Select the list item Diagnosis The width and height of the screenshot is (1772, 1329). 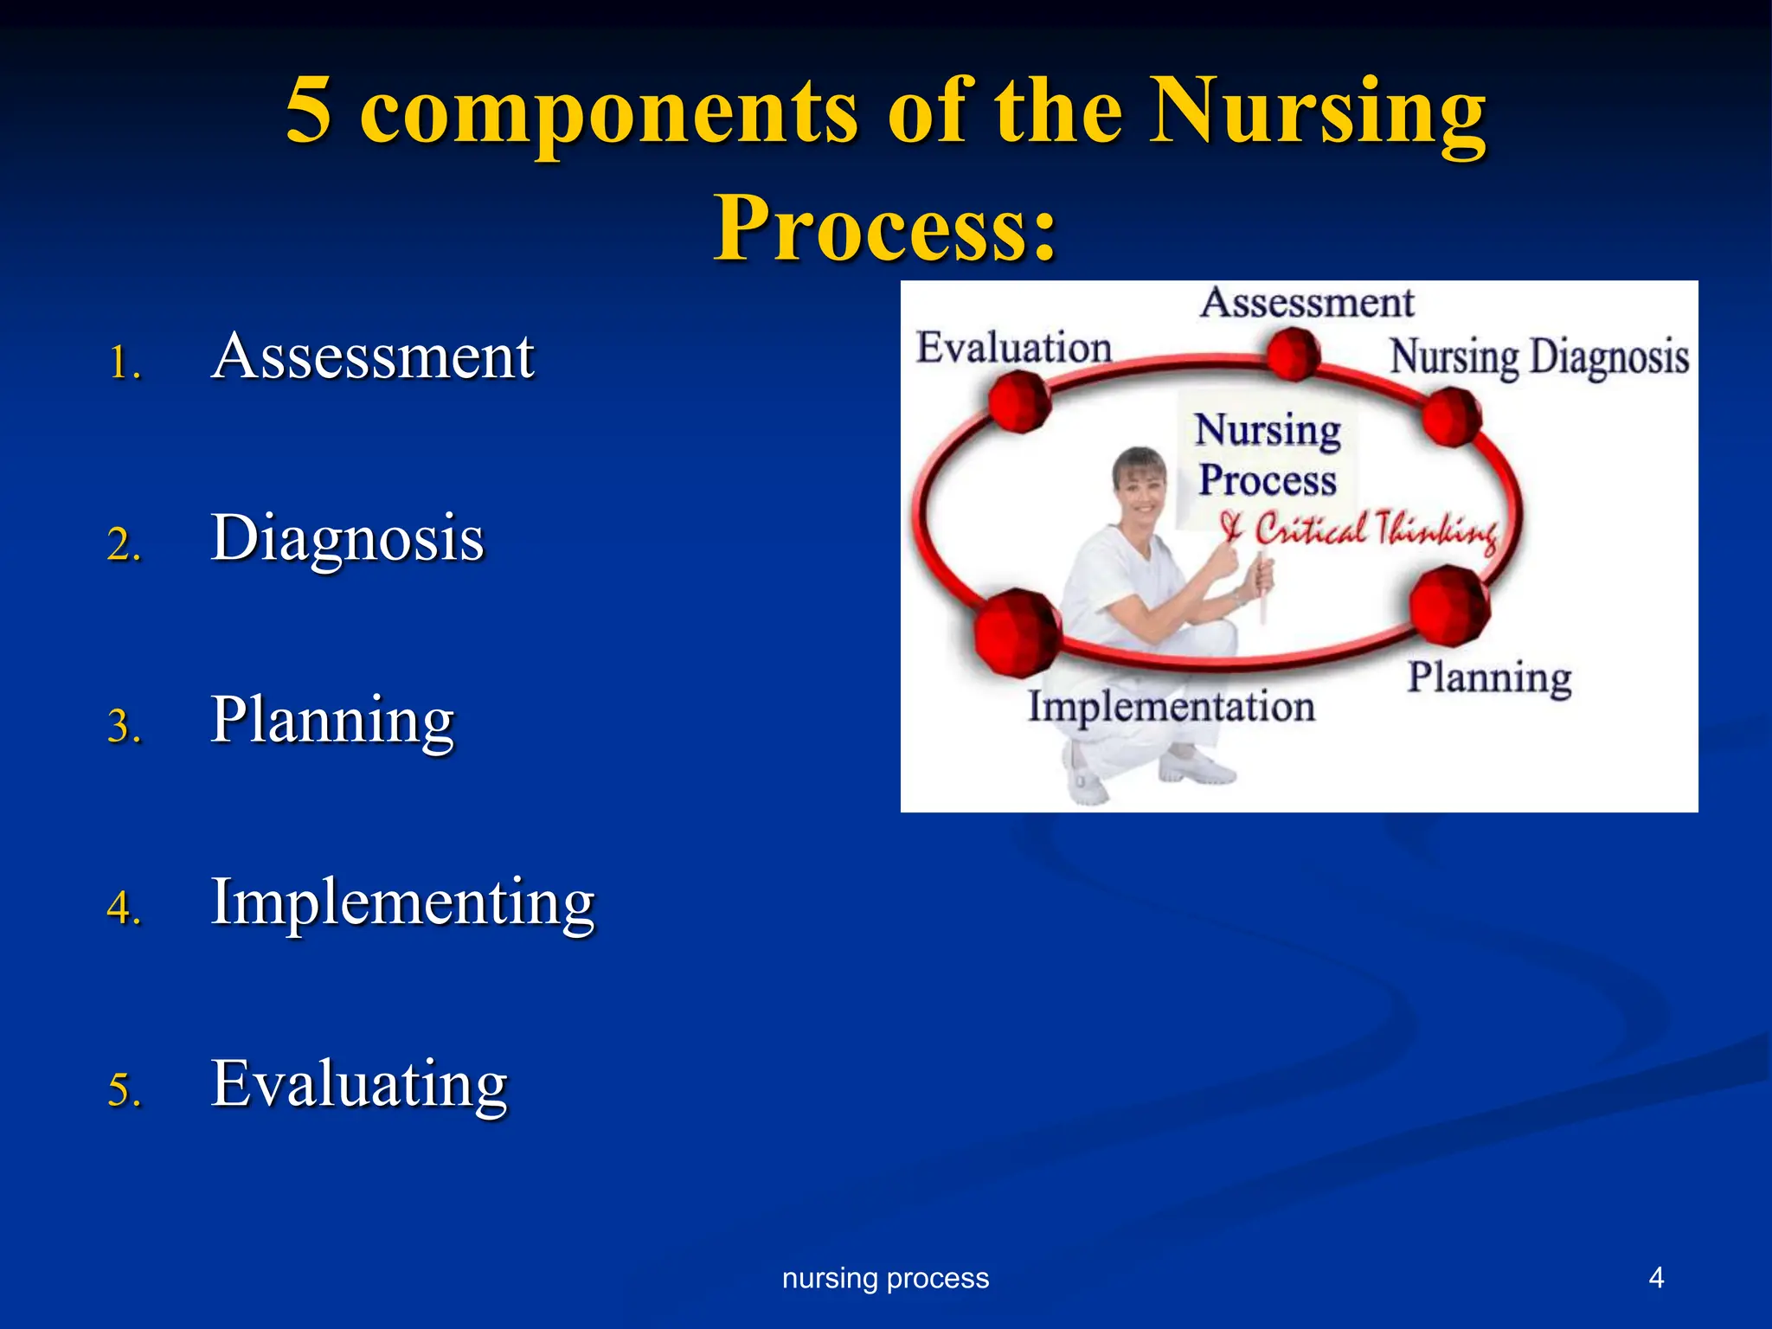pos(347,538)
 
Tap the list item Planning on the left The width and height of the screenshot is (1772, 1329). pos(332,720)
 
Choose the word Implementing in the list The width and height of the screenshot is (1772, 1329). pos(402,902)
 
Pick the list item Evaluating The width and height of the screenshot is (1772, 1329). pos(359,1083)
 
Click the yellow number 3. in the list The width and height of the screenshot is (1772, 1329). pos(124,725)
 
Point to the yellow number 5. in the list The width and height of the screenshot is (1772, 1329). pos(124,1088)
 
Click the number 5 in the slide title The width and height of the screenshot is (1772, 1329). pos(309,110)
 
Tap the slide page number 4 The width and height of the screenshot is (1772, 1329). pos(1656,1277)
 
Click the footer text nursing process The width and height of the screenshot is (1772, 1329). pos(885,1278)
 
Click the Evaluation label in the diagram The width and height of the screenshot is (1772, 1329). pos(1013,348)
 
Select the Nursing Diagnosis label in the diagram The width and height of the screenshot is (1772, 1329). pos(1538,356)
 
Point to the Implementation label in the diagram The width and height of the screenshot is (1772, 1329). pos(1171,706)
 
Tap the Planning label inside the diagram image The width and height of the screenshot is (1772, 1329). pos(1488,677)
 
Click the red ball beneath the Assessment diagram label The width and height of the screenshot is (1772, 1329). pos(1293,354)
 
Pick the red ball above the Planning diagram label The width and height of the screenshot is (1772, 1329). pos(1448,606)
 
